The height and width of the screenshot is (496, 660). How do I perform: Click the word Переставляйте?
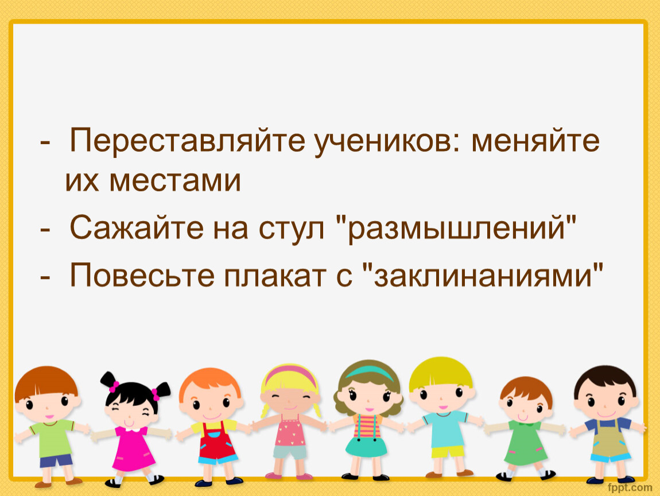pos(187,140)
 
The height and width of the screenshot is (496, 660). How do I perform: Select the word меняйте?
pos(535,140)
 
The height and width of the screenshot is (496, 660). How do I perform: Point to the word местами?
pos(175,181)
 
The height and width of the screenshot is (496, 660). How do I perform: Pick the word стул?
pos(292,230)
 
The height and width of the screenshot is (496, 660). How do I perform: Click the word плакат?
pos(275,276)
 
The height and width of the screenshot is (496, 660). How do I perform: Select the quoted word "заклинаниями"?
pos(483,274)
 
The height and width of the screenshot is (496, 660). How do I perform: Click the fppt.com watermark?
pos(630,487)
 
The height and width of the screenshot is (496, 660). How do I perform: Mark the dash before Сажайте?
pos(45,230)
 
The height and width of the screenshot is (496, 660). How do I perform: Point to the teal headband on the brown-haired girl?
pos(368,372)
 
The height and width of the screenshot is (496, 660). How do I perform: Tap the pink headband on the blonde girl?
pos(290,374)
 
